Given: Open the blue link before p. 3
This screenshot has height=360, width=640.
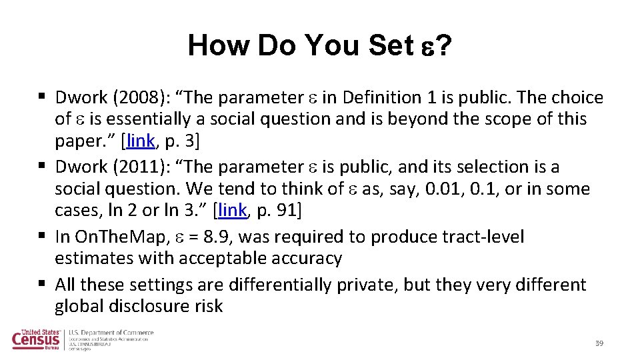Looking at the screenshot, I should [140, 141].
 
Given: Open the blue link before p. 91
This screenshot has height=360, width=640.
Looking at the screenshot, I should [232, 210].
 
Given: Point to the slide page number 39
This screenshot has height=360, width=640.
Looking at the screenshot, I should [599, 343].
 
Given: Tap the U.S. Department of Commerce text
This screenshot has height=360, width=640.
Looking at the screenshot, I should [111, 333].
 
